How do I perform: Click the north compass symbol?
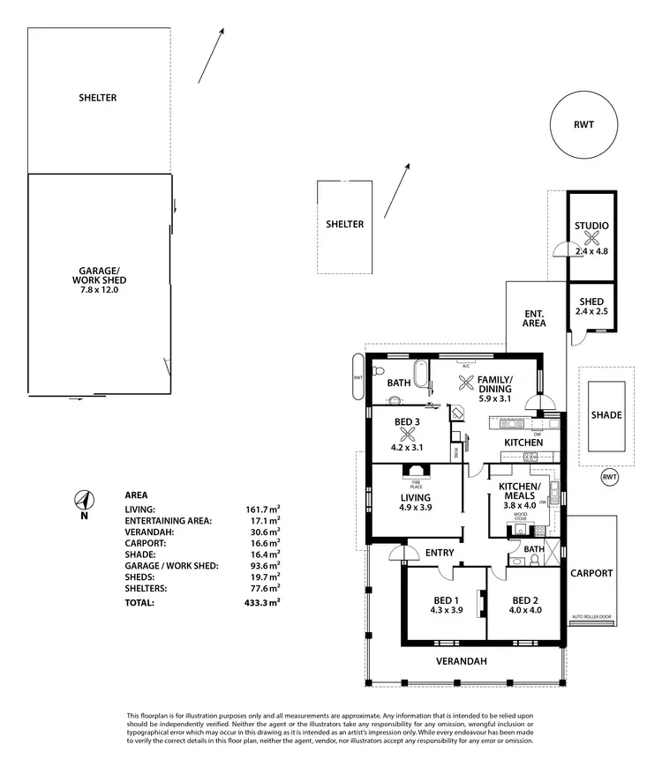click(x=83, y=502)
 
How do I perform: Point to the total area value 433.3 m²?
click(x=262, y=603)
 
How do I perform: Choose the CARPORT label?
click(x=591, y=573)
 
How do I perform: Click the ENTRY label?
click(x=440, y=553)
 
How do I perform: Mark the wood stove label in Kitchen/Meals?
click(x=522, y=517)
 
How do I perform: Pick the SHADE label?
click(x=606, y=415)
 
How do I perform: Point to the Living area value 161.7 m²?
click(x=262, y=510)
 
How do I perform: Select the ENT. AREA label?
click(x=534, y=318)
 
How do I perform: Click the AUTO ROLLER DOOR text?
click(x=591, y=616)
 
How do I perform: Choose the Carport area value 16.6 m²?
click(x=262, y=543)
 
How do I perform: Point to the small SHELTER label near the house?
click(x=344, y=224)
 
